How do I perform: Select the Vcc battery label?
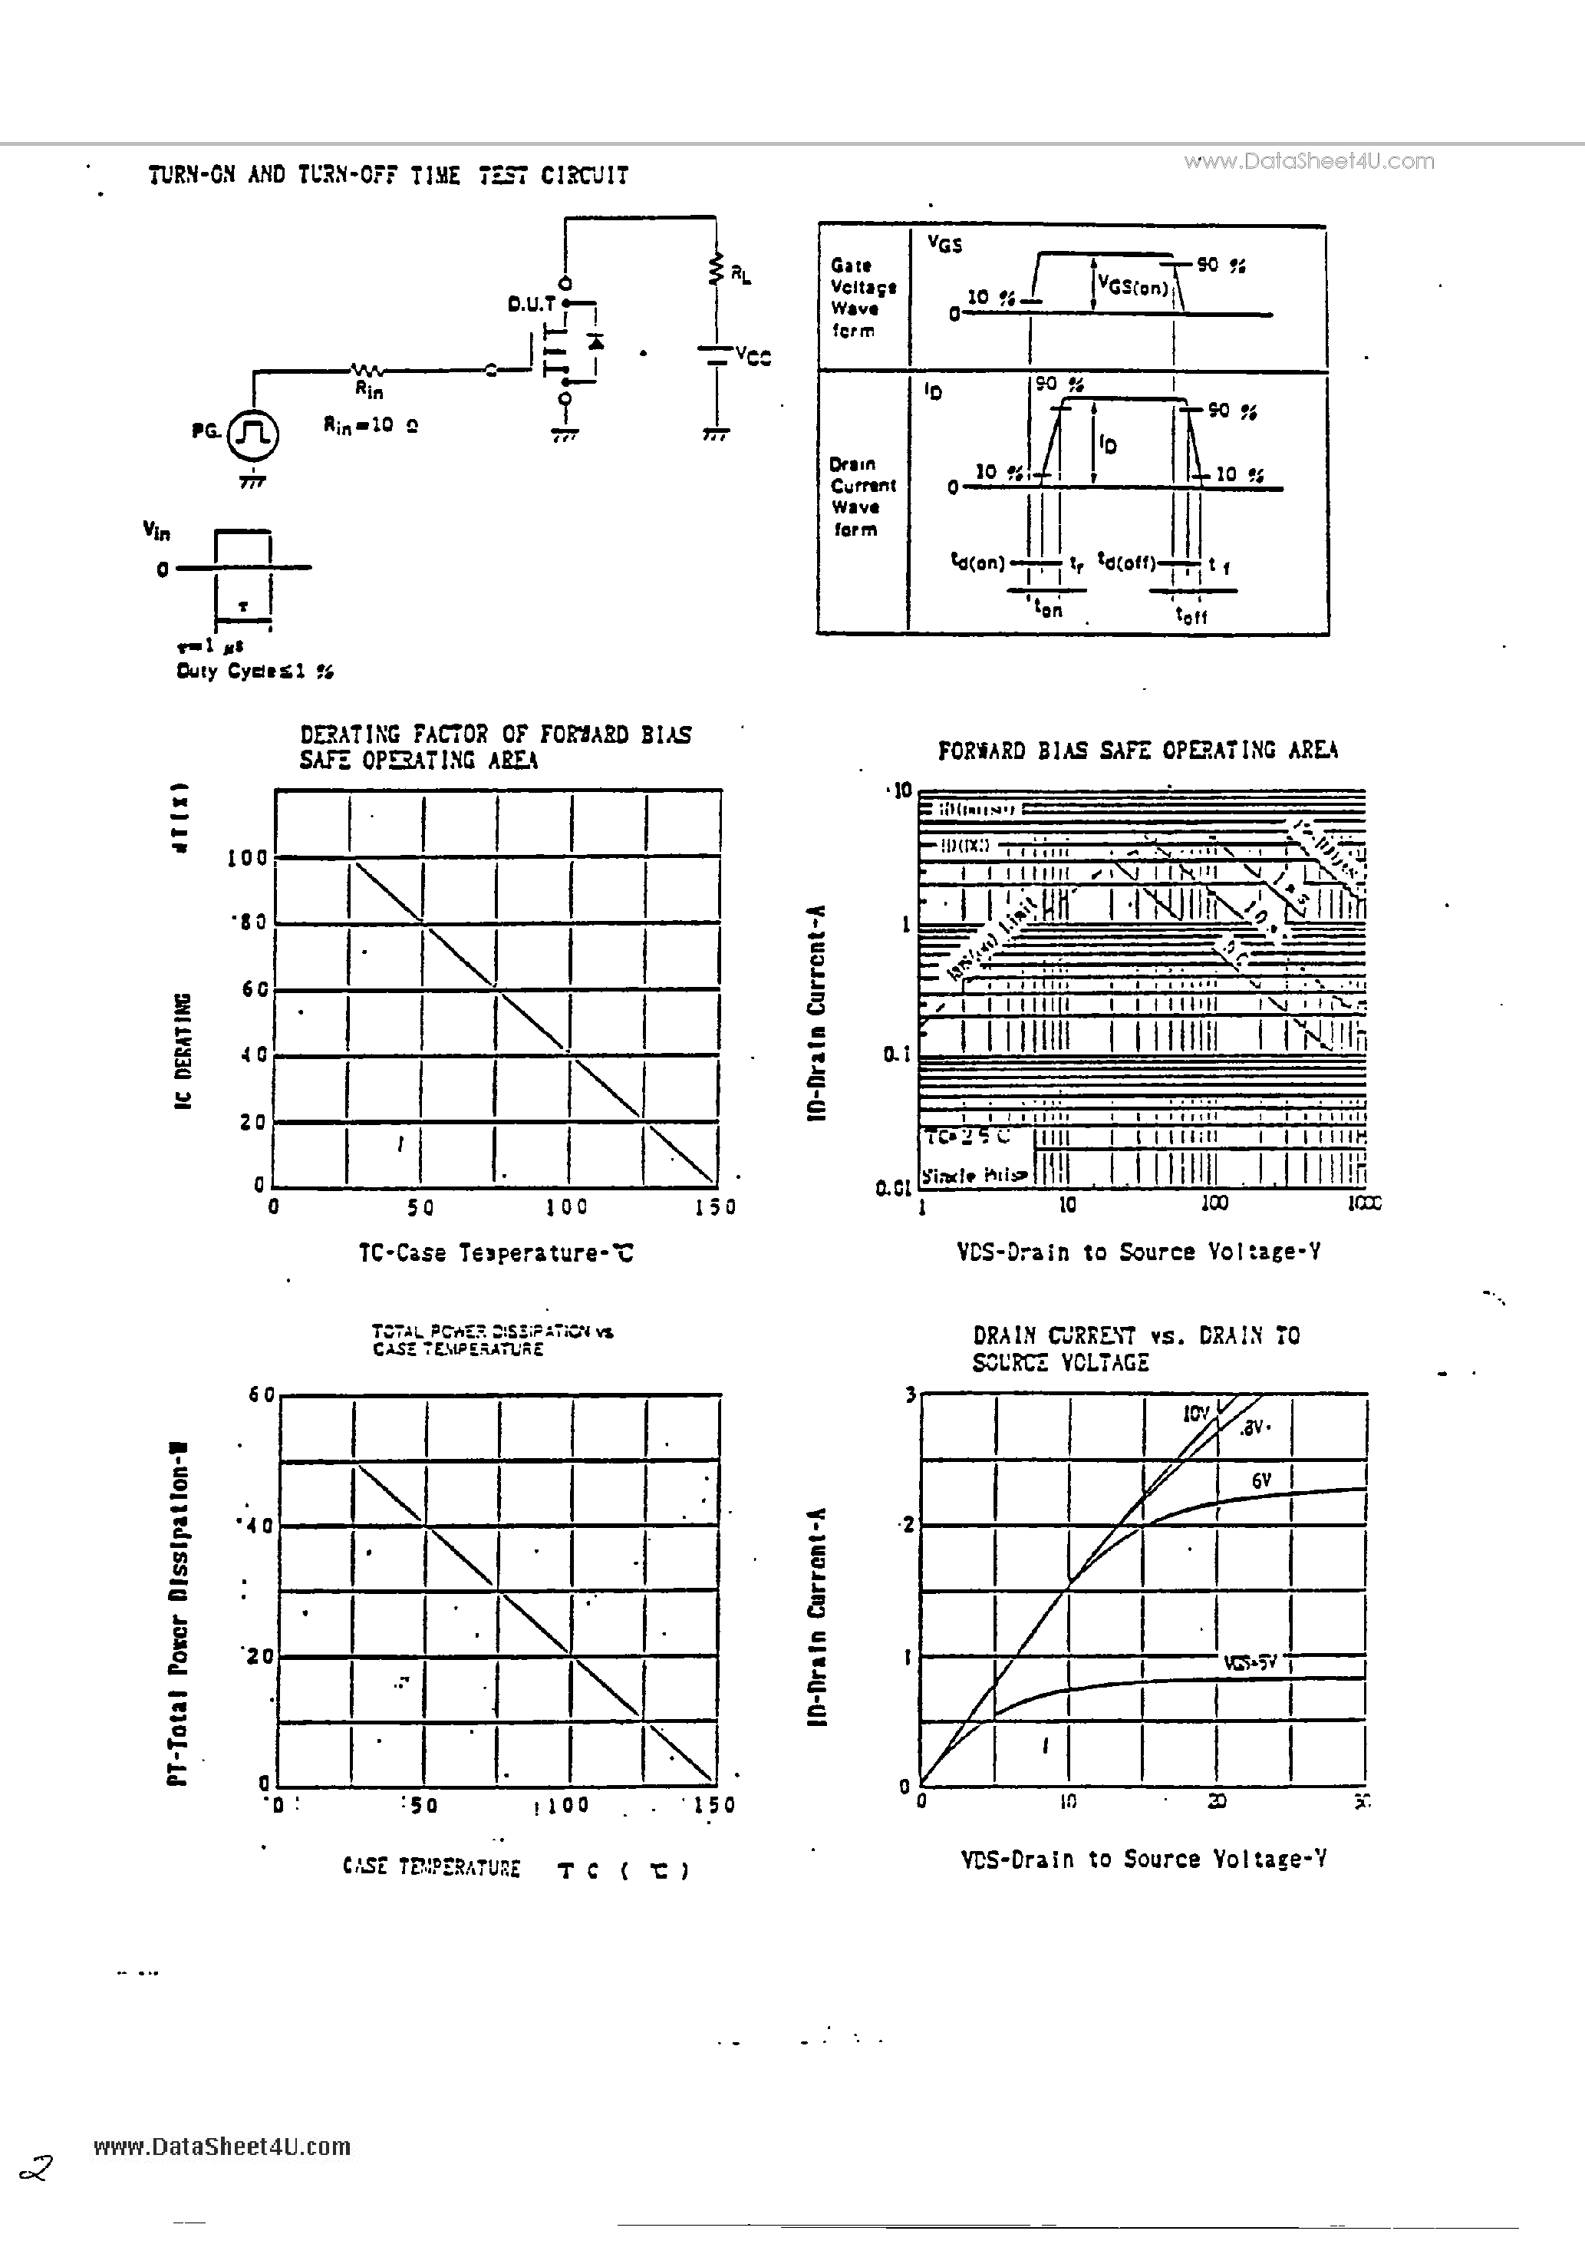pyautogui.click(x=753, y=357)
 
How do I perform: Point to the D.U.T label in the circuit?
pyautogui.click(x=532, y=305)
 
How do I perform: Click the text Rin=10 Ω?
pyautogui.click(x=371, y=425)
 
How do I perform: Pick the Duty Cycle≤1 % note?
pyautogui.click(x=255, y=672)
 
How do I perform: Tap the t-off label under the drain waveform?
pyautogui.click(x=1191, y=615)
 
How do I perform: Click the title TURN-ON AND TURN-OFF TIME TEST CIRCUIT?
pyautogui.click(x=388, y=176)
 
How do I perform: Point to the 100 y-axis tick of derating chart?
pyautogui.click(x=246, y=858)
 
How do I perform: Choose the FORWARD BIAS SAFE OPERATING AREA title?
pyautogui.click(x=1138, y=751)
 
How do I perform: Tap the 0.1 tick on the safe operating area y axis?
pyautogui.click(x=896, y=1054)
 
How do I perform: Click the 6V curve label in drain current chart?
pyautogui.click(x=1260, y=1480)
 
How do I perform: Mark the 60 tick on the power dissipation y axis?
pyautogui.click(x=261, y=1396)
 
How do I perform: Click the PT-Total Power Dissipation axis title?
pyautogui.click(x=178, y=1612)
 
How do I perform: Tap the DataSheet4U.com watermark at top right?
pyautogui.click(x=1310, y=161)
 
